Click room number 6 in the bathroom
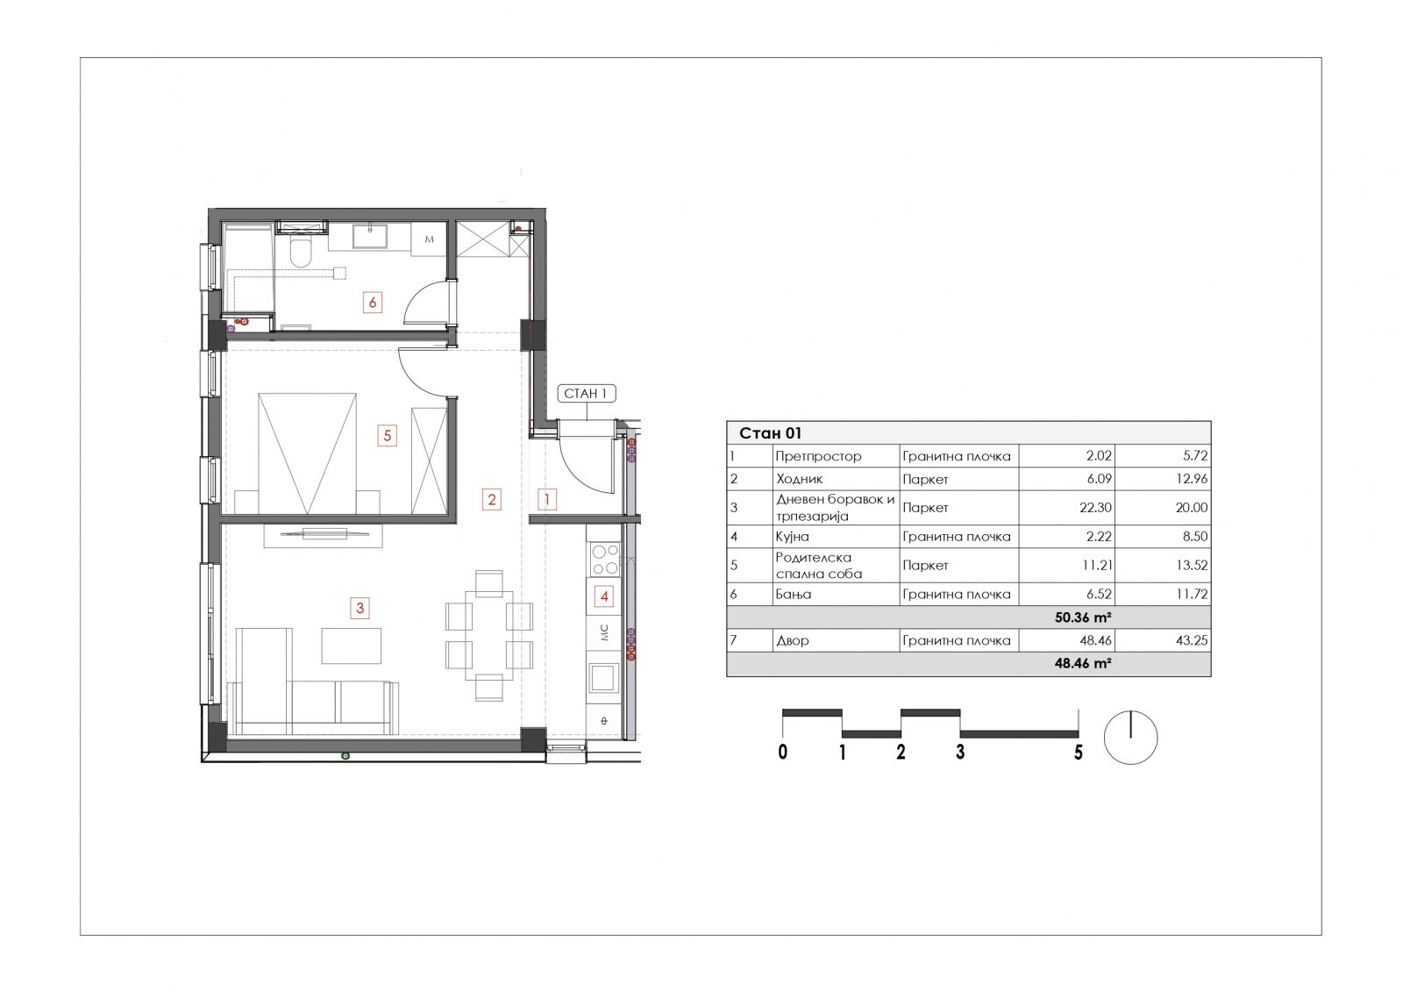(373, 303)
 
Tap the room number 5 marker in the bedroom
(387, 435)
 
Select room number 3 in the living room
(360, 607)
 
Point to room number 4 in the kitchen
(604, 596)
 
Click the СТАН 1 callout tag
(587, 394)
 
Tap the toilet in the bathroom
(301, 252)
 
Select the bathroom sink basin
(370, 236)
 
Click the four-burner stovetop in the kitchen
(605, 560)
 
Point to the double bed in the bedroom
(308, 453)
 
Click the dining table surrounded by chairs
(489, 635)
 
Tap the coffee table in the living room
(352, 646)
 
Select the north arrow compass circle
(1130, 738)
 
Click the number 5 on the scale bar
(1078, 752)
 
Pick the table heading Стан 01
(771, 433)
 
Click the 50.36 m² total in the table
(1083, 617)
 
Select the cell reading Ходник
(800, 479)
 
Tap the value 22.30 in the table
(1095, 508)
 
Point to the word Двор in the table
(793, 640)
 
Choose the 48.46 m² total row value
(1083, 663)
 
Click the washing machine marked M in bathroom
(429, 239)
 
